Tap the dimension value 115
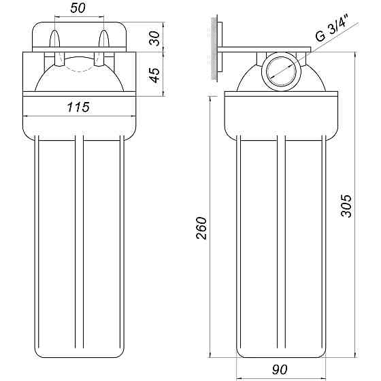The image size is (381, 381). tap(79, 106)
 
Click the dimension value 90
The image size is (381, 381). tap(280, 369)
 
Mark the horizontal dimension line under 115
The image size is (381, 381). tap(79, 114)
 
